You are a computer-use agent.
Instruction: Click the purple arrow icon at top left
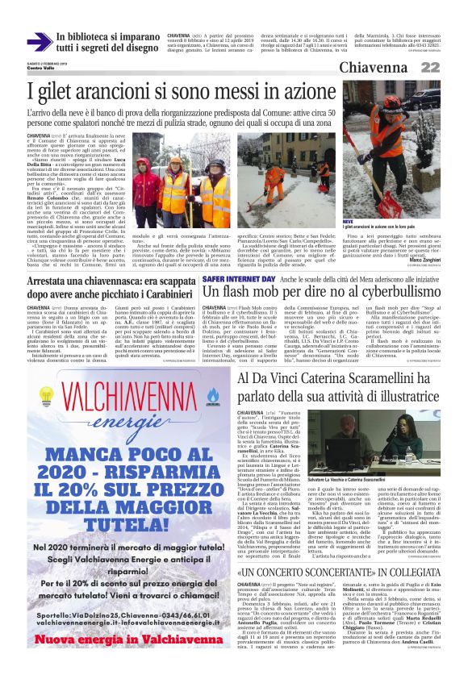pyautogui.click(x=36, y=42)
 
